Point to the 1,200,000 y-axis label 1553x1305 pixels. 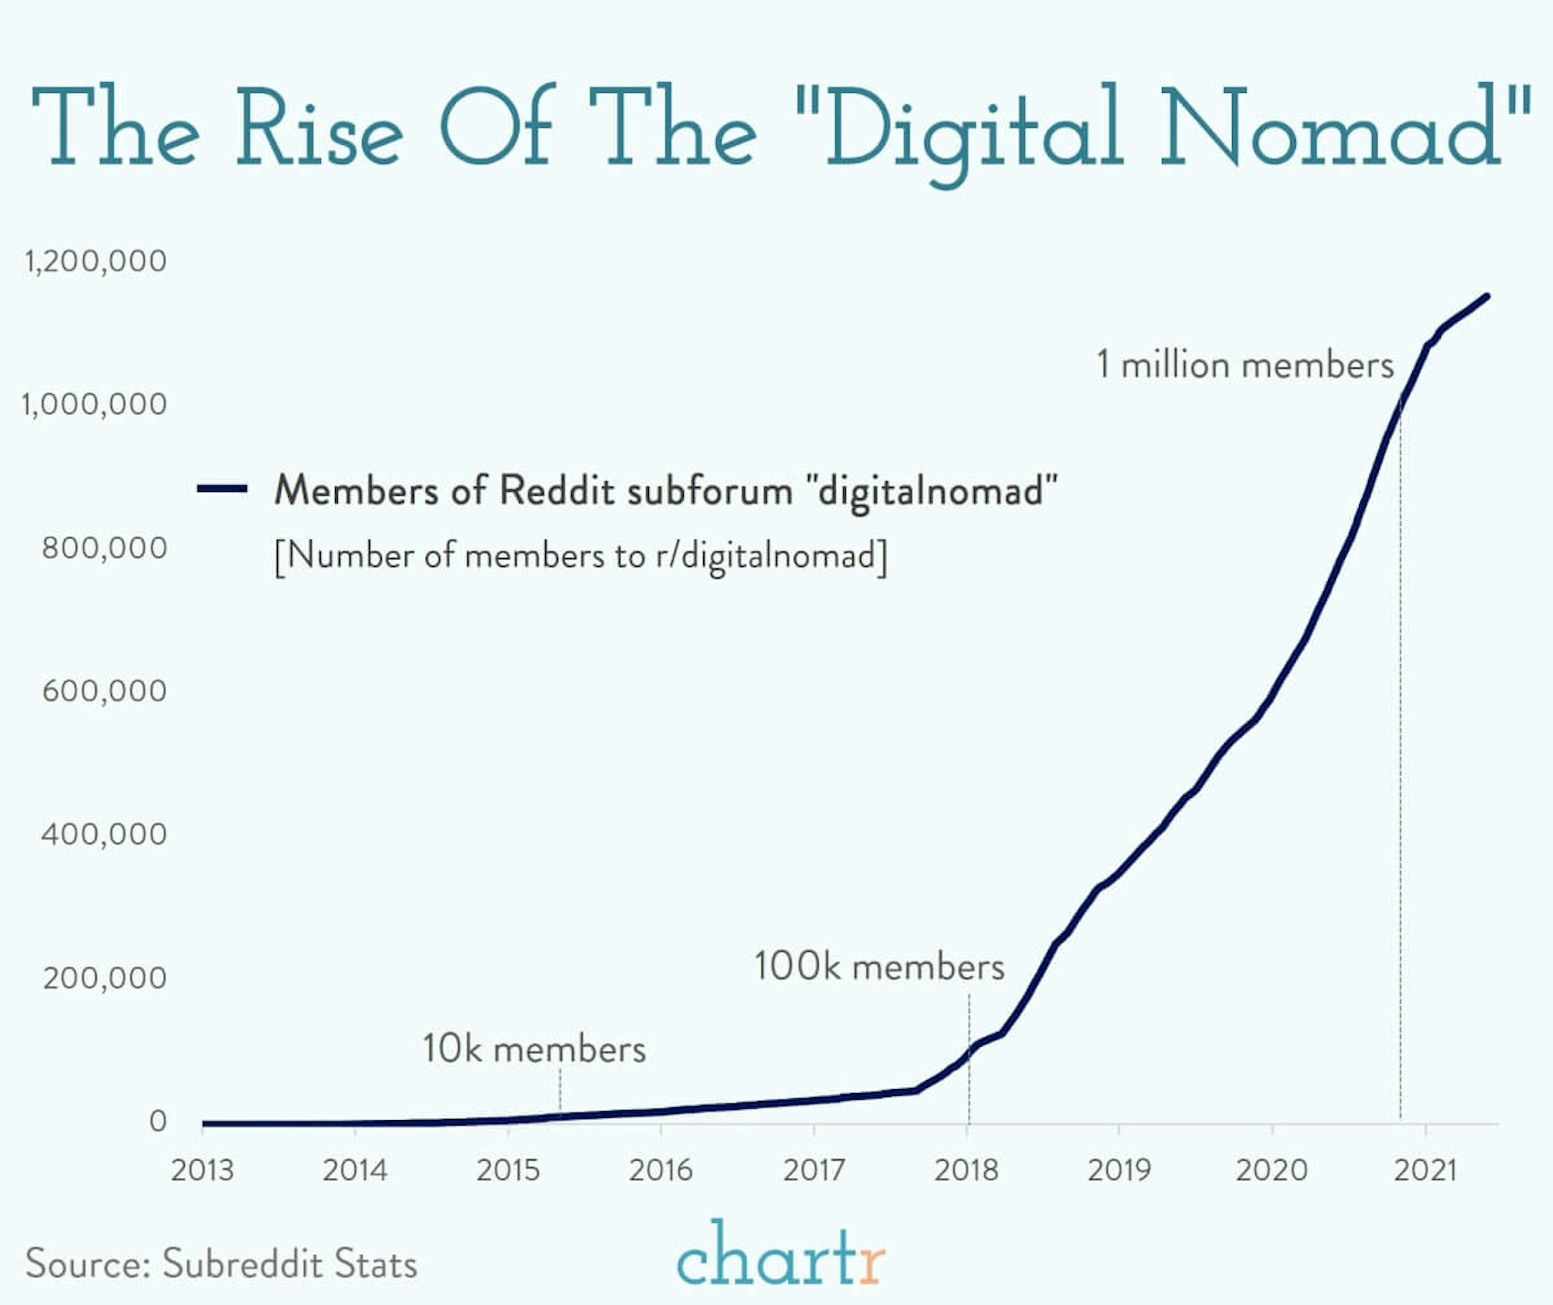pyautogui.click(x=95, y=261)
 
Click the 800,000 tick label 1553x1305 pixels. pyautogui.click(x=104, y=548)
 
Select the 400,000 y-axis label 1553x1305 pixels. pyautogui.click(x=104, y=834)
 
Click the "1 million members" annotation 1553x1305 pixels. pyautogui.click(x=1245, y=365)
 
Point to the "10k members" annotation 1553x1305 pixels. pyautogui.click(x=534, y=1049)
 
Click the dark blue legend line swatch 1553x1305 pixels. pyautogui.click(x=222, y=488)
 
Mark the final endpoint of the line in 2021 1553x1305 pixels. pyautogui.click(x=1487, y=296)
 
